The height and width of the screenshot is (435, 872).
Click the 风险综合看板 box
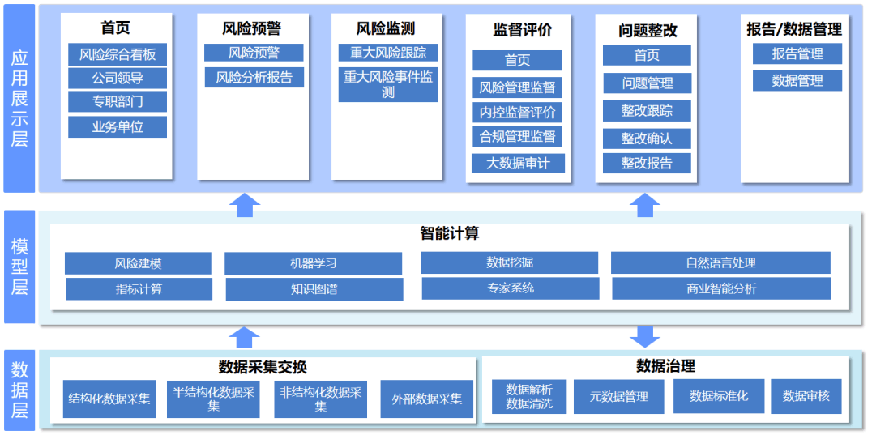pos(118,55)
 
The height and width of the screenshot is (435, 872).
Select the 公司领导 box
pos(118,79)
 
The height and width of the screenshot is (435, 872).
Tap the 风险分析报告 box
pos(254,78)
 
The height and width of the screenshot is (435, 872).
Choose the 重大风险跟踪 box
pos(388,53)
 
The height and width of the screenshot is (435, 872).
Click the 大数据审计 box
pos(518,163)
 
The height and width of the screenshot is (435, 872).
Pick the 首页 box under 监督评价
pos(517,61)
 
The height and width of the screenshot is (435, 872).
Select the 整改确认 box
pos(647,139)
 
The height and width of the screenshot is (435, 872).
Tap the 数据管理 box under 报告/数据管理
pos(797,81)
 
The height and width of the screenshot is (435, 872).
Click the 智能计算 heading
pos(450,233)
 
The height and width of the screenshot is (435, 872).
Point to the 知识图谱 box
pos(314,289)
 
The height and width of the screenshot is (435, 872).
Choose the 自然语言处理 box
pos(720,263)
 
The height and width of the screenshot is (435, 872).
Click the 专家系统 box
pos(511,288)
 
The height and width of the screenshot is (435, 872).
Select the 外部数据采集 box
pos(427,399)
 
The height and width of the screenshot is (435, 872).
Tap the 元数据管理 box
pos(618,396)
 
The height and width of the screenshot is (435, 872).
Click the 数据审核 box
pos(806,396)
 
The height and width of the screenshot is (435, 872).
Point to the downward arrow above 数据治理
pos(645,336)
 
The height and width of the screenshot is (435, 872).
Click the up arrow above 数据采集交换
pos(245,336)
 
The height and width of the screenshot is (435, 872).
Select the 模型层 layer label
pos(19,267)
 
